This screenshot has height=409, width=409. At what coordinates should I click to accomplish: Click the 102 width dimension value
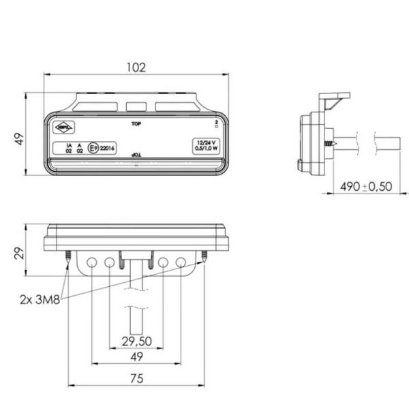point(136,67)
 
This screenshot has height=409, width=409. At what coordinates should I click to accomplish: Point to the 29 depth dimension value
point(20,254)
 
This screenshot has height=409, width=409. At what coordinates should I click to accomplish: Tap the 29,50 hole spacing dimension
point(136,341)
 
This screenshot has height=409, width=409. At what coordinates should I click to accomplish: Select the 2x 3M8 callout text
point(40,298)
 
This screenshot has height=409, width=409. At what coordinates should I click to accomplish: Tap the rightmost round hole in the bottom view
point(181,262)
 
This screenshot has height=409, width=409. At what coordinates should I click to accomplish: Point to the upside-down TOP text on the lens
point(136,156)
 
